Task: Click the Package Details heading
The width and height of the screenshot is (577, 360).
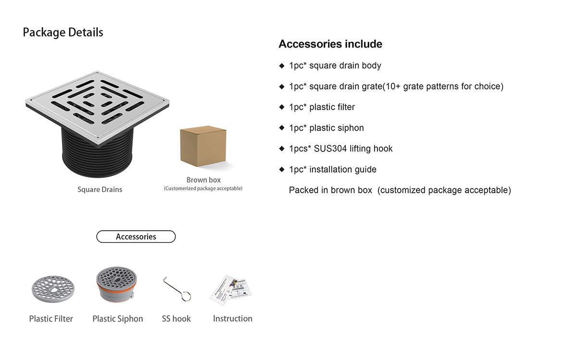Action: point(63,33)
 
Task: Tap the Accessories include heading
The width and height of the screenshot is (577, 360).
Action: point(330,44)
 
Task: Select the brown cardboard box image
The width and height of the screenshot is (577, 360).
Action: point(202,146)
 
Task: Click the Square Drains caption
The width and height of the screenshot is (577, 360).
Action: point(100,189)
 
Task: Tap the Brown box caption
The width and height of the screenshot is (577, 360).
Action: point(203,180)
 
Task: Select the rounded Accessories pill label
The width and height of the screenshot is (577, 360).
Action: point(136,236)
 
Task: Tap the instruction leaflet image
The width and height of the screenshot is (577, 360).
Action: point(231,289)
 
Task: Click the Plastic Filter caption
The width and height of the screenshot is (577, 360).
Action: point(51,319)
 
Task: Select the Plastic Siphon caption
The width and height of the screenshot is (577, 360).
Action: point(118,319)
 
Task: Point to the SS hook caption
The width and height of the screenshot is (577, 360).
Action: point(176,319)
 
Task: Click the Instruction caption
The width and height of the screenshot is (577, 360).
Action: point(233,319)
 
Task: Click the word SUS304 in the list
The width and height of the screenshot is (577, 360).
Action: point(330,149)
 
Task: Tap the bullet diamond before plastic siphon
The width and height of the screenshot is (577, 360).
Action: point(282,128)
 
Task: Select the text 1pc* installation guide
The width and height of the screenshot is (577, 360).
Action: point(333,169)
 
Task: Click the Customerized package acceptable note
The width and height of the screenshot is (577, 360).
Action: point(203,188)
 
